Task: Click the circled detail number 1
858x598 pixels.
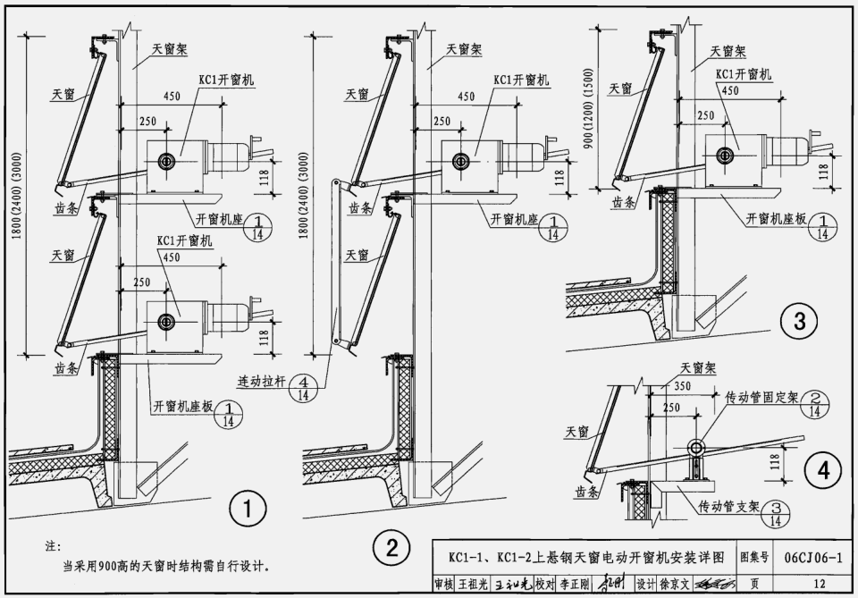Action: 248,511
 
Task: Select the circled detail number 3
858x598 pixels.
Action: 798,320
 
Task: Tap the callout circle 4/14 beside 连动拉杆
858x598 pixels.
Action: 304,385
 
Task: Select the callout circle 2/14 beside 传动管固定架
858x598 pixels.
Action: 815,403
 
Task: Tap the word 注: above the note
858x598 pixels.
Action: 53,544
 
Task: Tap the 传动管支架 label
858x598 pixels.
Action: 729,506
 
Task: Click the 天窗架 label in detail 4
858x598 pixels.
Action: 699,366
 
